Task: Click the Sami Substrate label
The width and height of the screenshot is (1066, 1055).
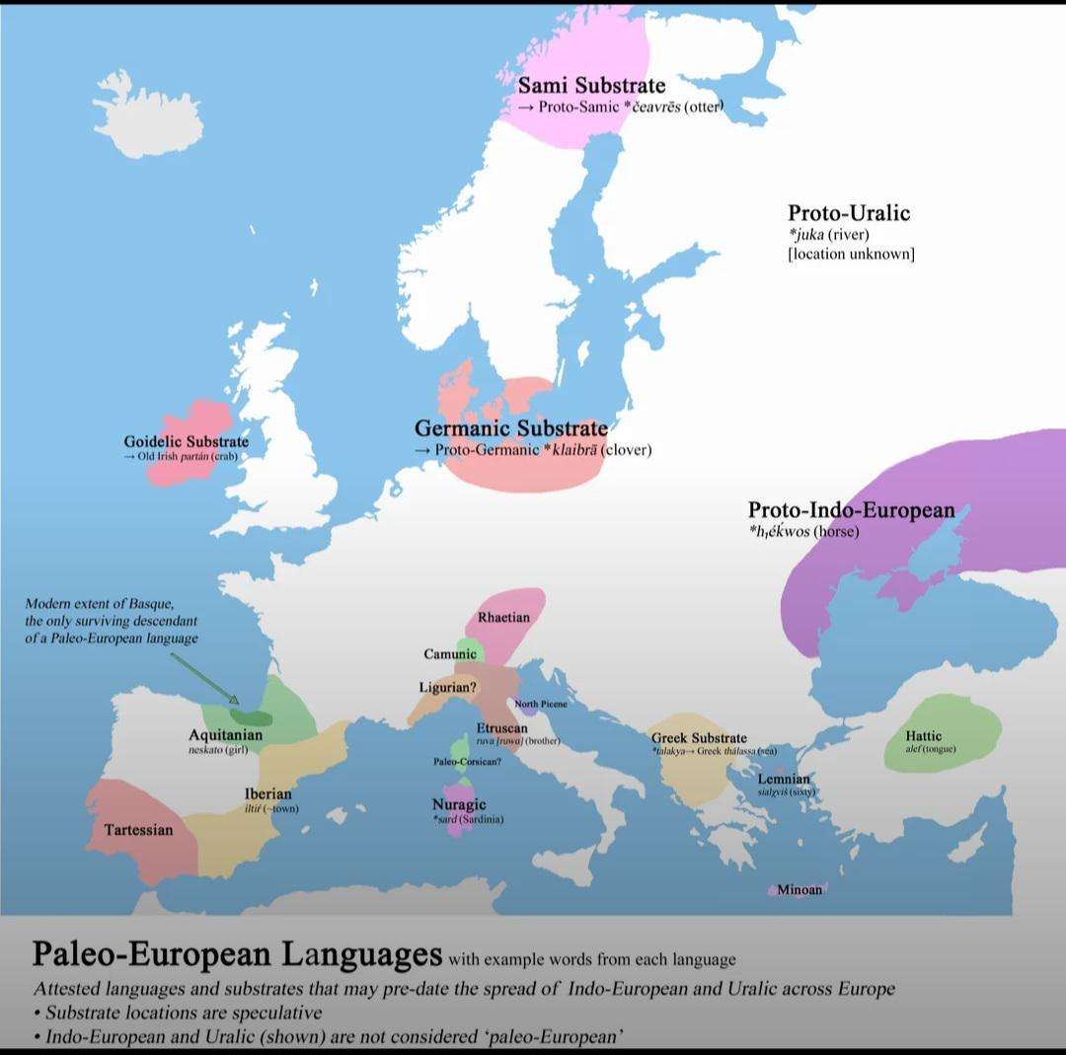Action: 591,86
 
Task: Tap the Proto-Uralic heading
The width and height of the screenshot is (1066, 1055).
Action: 848,212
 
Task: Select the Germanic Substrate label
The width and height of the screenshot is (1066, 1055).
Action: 510,428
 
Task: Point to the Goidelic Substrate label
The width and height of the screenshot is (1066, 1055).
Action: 186,441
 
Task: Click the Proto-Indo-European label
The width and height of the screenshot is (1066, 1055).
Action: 851,510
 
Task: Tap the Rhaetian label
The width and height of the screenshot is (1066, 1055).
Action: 503,618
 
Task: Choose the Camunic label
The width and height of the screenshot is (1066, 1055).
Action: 450,654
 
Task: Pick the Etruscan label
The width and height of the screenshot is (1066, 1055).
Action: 501,728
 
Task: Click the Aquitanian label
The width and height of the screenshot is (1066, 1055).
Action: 225,735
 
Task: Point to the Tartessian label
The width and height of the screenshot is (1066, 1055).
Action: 138,830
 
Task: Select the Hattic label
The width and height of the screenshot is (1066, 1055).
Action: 923,735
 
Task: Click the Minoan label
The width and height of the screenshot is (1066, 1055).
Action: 799,890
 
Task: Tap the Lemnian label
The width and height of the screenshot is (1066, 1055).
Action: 784,780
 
